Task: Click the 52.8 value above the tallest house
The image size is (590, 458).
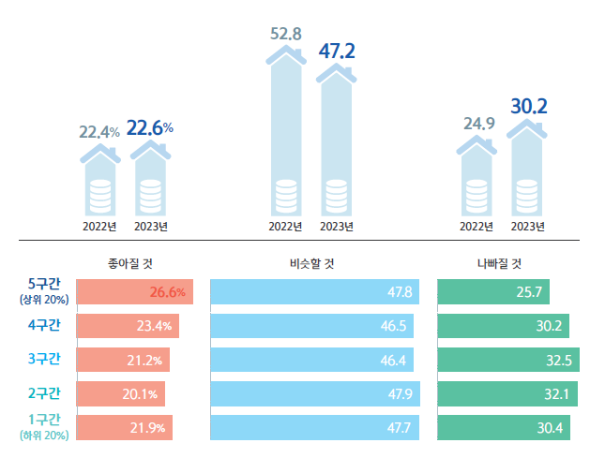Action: tap(285, 35)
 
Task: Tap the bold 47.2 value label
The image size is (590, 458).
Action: tap(337, 51)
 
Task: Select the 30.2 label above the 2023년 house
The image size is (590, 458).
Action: tap(528, 106)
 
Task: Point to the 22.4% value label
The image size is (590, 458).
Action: tap(98, 132)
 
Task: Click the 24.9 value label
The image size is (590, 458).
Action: tap(477, 123)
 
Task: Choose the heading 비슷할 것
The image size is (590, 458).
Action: tap(313, 263)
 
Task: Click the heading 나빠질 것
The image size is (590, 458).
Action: tap(500, 263)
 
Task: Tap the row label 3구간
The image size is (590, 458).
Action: tap(44, 359)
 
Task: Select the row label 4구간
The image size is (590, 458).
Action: tap(44, 325)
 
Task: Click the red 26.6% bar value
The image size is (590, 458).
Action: tap(168, 292)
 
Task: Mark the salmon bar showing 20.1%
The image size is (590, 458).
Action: tap(120, 393)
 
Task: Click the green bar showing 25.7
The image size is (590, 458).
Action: tap(493, 292)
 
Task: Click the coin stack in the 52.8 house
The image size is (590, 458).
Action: tap(286, 199)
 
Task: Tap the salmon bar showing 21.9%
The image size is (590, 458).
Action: tap(124, 427)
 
